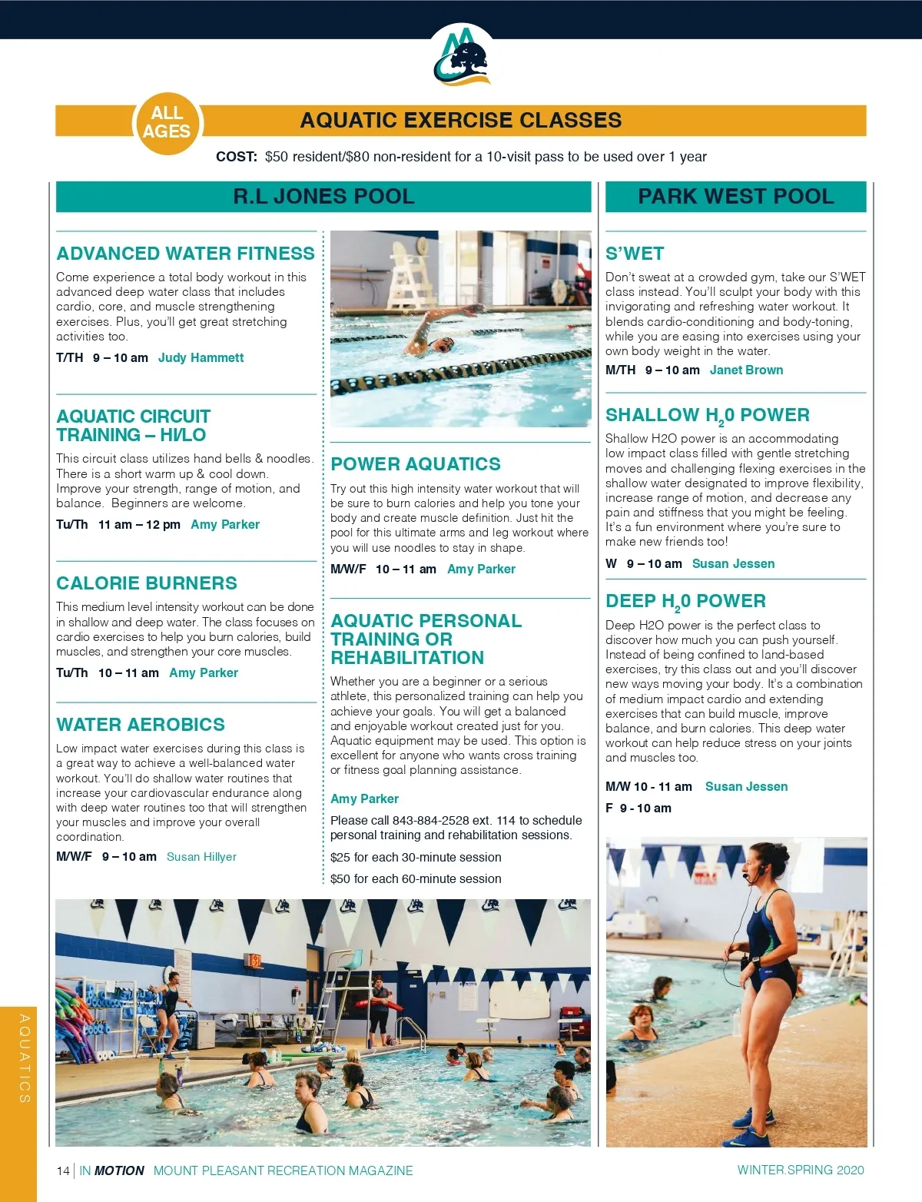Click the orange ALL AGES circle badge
pyautogui.click(x=166, y=122)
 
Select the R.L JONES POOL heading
pyautogui.click(x=323, y=197)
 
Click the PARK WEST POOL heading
pyautogui.click(x=735, y=197)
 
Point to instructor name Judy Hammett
pyautogui.click(x=201, y=358)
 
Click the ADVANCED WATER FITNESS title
pyautogui.click(x=185, y=254)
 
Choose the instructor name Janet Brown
pyautogui.click(x=746, y=370)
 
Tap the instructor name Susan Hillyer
pyautogui.click(x=201, y=857)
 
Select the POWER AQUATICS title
pyautogui.click(x=415, y=464)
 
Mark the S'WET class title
pyautogui.click(x=635, y=254)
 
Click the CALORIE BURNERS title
pyautogui.click(x=147, y=583)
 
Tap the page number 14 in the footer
pyautogui.click(x=63, y=1171)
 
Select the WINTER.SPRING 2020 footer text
pyautogui.click(x=800, y=1170)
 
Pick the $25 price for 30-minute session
pyautogui.click(x=340, y=858)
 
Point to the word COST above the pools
pyautogui.click(x=236, y=157)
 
